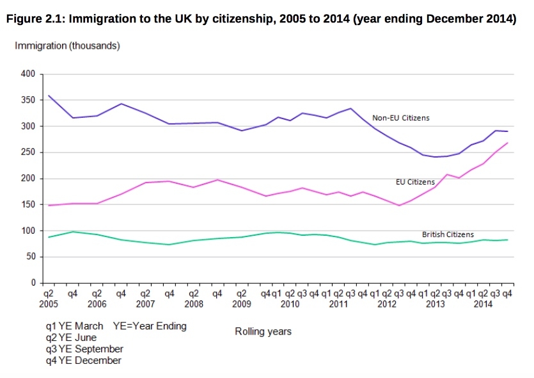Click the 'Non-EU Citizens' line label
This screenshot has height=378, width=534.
click(401, 118)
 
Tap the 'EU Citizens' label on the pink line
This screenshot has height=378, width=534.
click(415, 182)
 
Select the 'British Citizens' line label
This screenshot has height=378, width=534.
click(448, 234)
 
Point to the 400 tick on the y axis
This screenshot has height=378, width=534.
click(27, 74)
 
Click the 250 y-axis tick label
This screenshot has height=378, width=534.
click(27, 152)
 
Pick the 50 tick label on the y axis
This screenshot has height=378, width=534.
click(30, 257)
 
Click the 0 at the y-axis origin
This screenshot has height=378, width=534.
click(33, 283)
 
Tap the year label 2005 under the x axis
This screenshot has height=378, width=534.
click(49, 304)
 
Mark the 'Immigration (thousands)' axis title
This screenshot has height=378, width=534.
click(67, 46)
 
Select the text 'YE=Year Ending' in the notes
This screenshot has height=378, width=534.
click(150, 326)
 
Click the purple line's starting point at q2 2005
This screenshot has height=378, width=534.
click(49, 95)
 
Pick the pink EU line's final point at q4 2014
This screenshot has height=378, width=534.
click(508, 143)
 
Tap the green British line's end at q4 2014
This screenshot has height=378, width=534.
click(508, 240)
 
